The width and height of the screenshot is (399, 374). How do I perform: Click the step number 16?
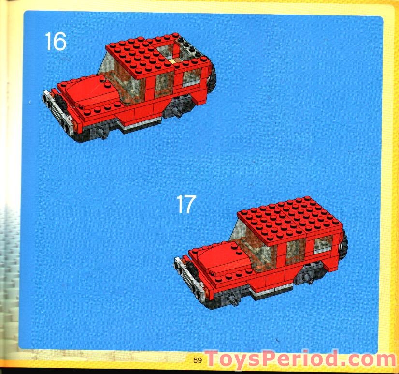(x=55, y=41)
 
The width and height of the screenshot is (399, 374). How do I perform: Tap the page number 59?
(x=197, y=360)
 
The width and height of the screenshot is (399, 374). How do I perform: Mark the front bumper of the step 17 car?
(x=188, y=276)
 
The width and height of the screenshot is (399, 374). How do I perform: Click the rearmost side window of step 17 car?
(x=322, y=243)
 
